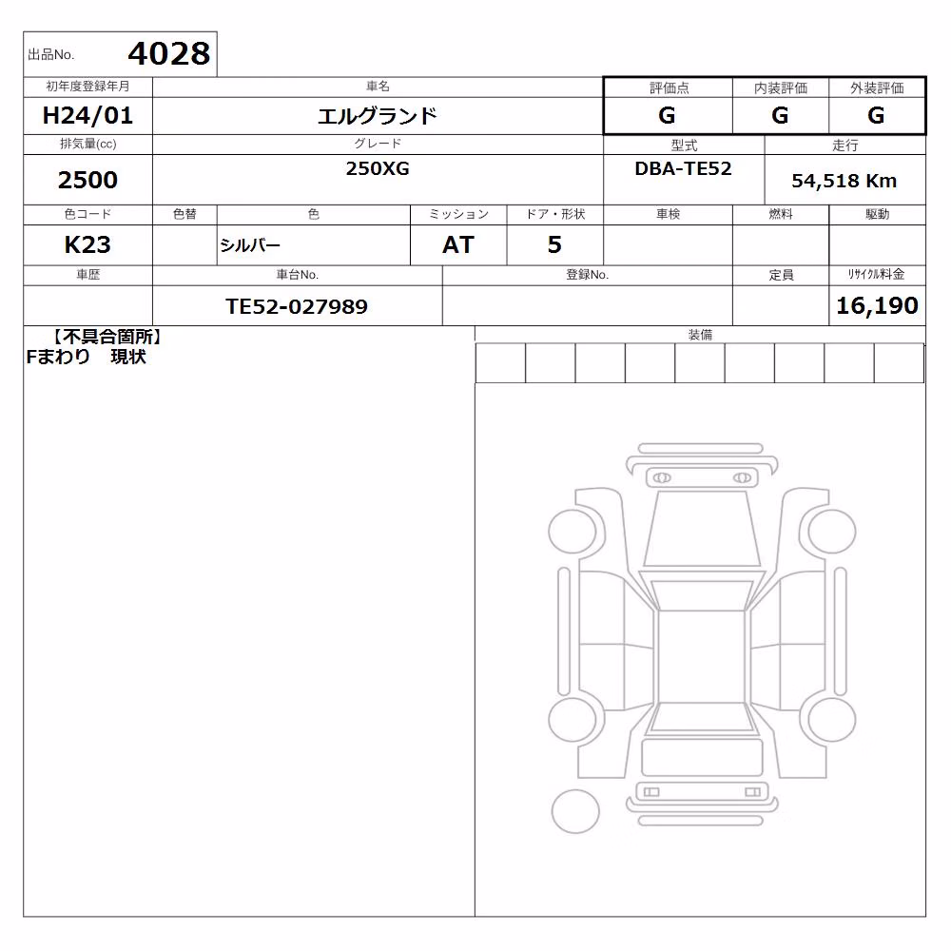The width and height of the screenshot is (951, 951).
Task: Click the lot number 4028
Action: tap(169, 54)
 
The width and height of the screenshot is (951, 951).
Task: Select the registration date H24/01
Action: tap(87, 115)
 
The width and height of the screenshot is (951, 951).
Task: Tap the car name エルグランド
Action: tap(378, 116)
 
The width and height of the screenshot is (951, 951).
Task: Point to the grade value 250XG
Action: tap(378, 168)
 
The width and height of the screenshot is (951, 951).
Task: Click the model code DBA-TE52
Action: tap(683, 168)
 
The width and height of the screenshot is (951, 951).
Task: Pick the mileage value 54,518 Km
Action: tap(844, 181)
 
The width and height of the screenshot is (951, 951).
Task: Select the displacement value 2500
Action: tap(87, 180)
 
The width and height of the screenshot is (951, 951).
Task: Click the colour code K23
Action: tap(87, 245)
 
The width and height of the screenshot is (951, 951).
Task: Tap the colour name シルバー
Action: tap(250, 245)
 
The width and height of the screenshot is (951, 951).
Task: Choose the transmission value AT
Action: tap(458, 245)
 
